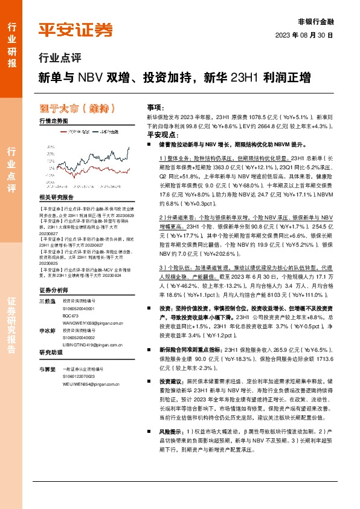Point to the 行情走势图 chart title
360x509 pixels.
[x=53, y=121]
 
